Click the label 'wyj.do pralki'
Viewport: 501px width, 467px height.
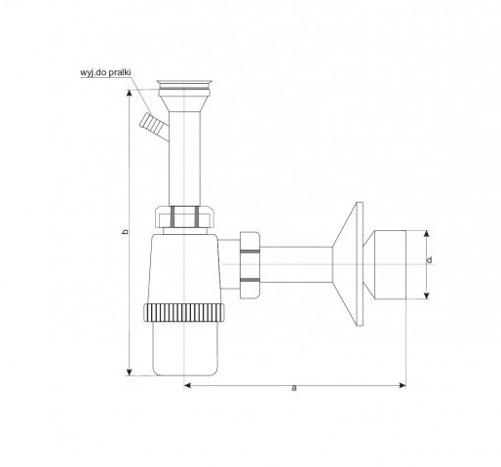point(105,72)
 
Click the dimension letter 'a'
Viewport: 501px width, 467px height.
point(294,388)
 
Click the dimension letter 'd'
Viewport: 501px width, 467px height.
point(430,260)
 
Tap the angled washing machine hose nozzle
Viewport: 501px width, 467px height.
point(153,126)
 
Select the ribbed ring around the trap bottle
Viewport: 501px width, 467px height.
point(184,313)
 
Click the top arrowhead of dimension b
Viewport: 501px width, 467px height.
point(130,93)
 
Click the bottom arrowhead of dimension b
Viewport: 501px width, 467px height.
point(130,372)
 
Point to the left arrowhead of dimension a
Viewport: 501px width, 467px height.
point(187,385)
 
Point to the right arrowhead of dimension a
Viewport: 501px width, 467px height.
point(403,385)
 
